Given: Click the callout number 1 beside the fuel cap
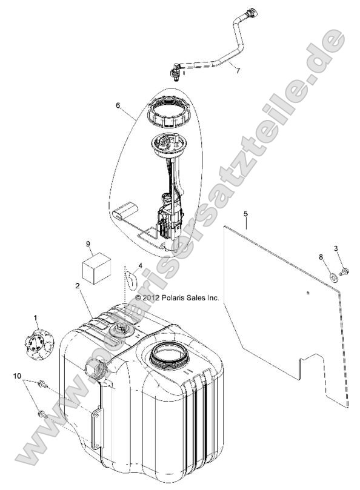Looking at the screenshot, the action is tap(35, 318).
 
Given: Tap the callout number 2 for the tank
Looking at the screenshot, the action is tap(77, 286).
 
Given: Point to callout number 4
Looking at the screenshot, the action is tap(140, 266).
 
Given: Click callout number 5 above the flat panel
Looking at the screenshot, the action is tap(245, 214).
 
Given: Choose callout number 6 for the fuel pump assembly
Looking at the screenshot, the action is tap(118, 105).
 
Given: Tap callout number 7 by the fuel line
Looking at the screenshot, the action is tap(238, 71).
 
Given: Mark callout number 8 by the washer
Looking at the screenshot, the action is tap(321, 257).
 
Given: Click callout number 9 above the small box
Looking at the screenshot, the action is tap(88, 243).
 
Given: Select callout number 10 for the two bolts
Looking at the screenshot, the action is tap(17, 376).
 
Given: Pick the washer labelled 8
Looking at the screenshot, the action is tap(334, 277).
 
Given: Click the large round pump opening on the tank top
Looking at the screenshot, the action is tap(169, 356).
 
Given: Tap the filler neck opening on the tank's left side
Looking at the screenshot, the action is tap(93, 369).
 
